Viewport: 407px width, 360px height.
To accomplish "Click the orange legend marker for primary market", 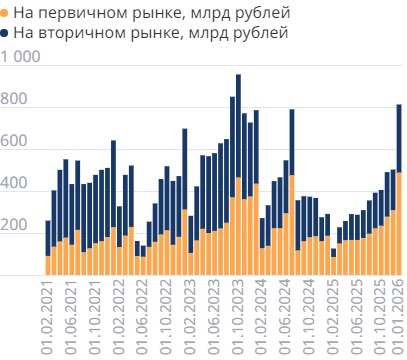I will point(7,14).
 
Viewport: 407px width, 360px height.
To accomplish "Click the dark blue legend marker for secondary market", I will point(7,33).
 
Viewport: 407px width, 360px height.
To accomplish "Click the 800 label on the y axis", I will point(15,101).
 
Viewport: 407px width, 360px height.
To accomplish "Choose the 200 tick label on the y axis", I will point(15,227).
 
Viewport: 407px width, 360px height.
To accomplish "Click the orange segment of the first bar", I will point(48,264).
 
